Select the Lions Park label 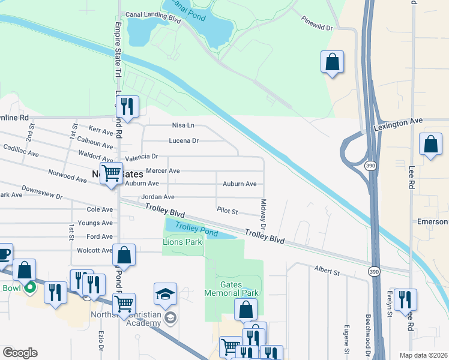coord(182,242)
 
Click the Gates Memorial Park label coord(231,288)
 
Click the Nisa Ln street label coord(184,125)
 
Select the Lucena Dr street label coord(186,141)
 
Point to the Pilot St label coord(228,212)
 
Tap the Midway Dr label coord(263,219)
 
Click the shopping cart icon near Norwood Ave coord(112,173)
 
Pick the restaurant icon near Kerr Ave coord(127,107)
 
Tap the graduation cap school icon coord(165,294)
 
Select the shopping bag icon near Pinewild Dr coord(332,62)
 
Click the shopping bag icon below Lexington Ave coord(430,145)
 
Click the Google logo coord(20,353)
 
